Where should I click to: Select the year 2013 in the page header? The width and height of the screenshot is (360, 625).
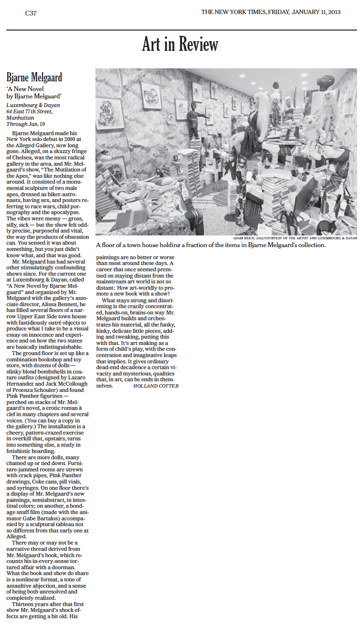(332, 12)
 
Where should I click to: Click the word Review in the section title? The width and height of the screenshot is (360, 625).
(199, 45)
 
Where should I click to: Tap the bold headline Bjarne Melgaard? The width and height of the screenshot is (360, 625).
(34, 78)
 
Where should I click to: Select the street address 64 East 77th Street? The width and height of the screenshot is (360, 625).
(33, 111)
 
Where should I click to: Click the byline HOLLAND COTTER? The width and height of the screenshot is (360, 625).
(156, 386)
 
